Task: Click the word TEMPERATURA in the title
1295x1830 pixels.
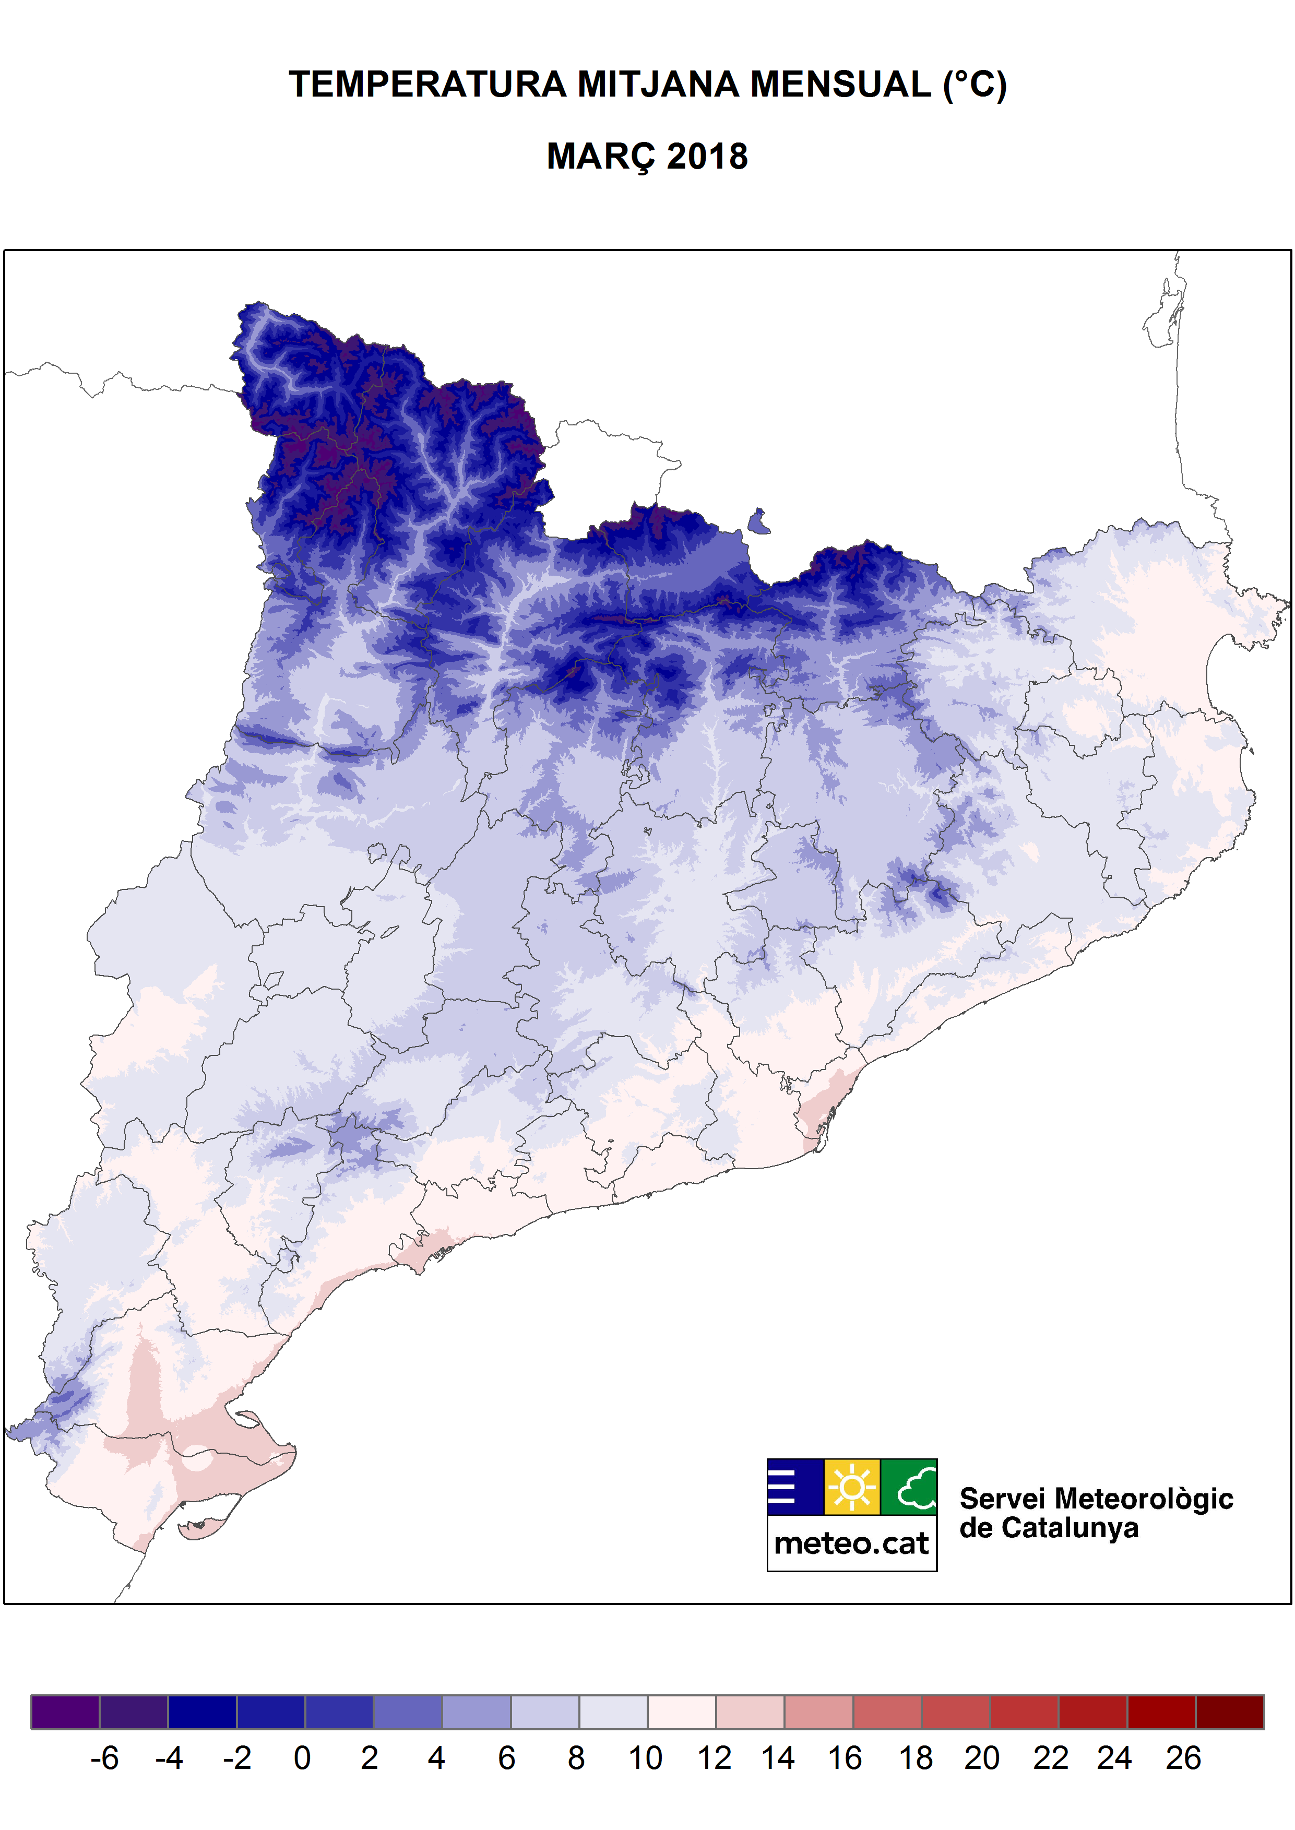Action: [x=426, y=85]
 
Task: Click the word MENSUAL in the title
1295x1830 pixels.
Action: [x=840, y=85]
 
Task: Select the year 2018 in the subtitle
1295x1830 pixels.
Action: [x=707, y=156]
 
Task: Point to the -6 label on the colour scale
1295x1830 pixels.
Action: [x=104, y=1758]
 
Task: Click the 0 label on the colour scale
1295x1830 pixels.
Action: [x=302, y=1758]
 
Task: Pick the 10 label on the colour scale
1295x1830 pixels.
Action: [x=645, y=1758]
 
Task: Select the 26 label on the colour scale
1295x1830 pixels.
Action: [x=1183, y=1758]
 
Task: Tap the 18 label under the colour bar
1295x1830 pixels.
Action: [x=916, y=1758]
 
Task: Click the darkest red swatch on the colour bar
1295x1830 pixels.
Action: [x=1230, y=1712]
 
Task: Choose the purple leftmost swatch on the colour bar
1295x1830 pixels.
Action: [x=65, y=1712]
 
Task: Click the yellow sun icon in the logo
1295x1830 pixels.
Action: [x=852, y=1487]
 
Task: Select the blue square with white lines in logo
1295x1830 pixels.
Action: [x=795, y=1487]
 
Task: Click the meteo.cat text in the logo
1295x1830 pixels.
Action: [x=852, y=1544]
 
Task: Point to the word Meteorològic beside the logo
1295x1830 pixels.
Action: [x=1144, y=1499]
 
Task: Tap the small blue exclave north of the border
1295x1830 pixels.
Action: [x=759, y=522]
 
